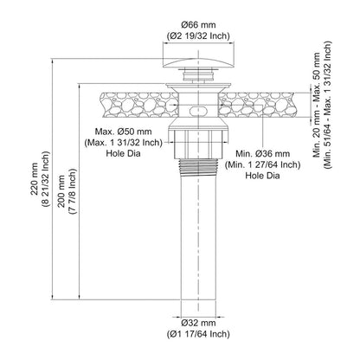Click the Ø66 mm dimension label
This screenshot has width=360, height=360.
(x=198, y=25)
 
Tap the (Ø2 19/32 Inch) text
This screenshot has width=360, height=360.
(x=198, y=36)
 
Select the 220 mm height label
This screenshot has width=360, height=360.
(x=35, y=179)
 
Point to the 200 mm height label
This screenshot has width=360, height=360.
(x=61, y=190)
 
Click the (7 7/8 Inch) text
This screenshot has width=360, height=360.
(x=73, y=190)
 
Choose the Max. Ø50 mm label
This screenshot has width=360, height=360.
(x=123, y=132)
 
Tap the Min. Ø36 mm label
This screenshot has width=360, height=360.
(x=262, y=153)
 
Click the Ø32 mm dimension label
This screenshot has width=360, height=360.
(x=198, y=323)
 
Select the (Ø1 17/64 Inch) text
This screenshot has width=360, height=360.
(x=198, y=334)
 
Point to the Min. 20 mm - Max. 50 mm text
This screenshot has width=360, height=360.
(x=317, y=105)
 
